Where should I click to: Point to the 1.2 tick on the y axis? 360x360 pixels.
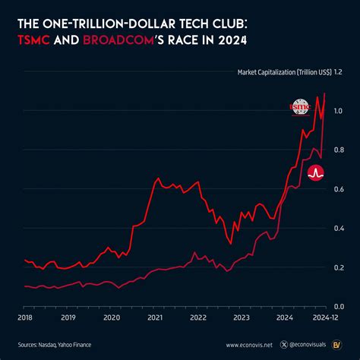(338, 72)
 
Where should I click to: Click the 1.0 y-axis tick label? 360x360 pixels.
(338, 111)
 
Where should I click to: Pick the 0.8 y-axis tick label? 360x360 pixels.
(338, 150)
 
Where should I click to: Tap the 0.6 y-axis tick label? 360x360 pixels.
(338, 189)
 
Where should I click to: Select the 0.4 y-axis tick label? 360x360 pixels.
(338, 228)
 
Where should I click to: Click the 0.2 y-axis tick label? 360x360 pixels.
(338, 267)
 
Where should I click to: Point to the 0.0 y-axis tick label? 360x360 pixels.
(338, 306)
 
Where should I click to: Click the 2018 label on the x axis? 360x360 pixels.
(25, 318)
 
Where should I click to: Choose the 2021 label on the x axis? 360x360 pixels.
(155, 318)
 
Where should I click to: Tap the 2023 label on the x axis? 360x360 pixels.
(242, 318)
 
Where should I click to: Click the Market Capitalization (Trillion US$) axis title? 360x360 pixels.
(278, 73)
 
